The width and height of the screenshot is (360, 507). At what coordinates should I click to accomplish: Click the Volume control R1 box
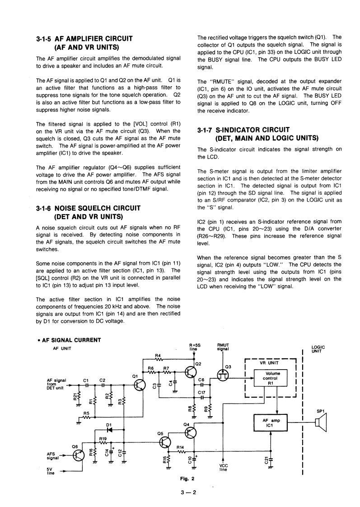(x=273, y=379)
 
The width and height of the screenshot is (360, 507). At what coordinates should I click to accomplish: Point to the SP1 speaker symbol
(x=321, y=422)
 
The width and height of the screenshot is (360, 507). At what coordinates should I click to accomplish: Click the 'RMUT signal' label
(x=223, y=347)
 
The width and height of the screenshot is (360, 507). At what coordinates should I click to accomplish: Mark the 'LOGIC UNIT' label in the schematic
(x=318, y=349)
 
